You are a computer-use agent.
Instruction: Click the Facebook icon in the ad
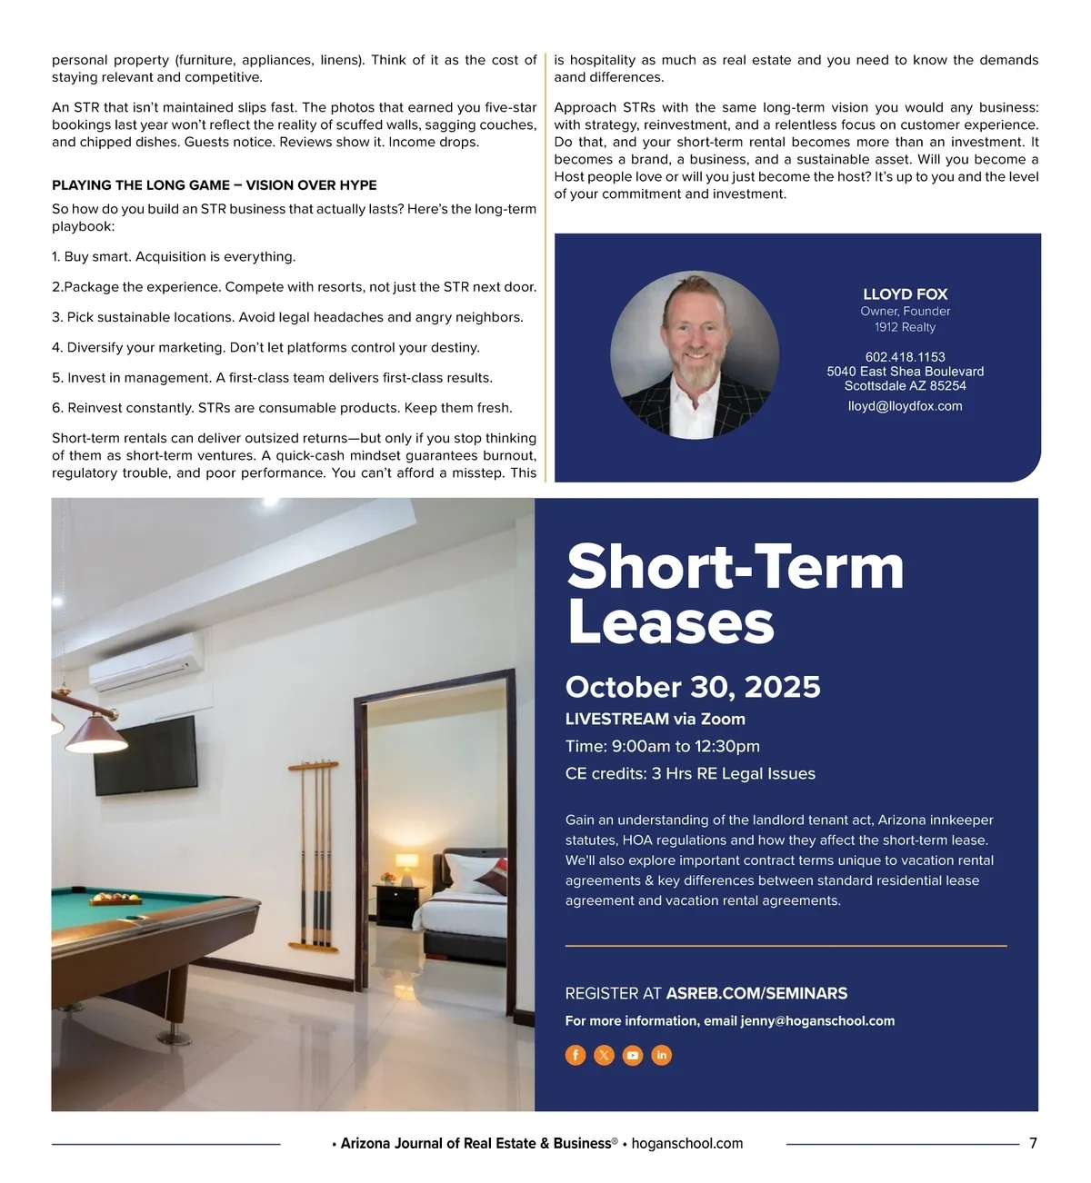[576, 1055]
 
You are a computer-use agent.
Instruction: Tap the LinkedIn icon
[662, 1055]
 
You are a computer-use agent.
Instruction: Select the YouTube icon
[633, 1055]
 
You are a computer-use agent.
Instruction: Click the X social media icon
[604, 1055]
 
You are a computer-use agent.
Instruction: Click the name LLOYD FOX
[905, 294]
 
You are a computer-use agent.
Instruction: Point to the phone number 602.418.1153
[905, 357]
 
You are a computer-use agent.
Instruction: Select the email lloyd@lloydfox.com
[905, 406]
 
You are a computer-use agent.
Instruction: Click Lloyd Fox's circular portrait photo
[695, 355]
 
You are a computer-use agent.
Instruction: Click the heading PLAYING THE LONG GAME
[215, 185]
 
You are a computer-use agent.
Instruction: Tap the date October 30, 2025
[693, 687]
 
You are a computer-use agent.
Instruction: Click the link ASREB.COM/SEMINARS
[756, 993]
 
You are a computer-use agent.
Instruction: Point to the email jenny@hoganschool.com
[817, 1021]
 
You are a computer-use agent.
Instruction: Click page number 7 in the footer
[1033, 1143]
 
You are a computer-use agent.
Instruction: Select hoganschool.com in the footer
[687, 1144]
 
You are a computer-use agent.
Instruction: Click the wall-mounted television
[145, 754]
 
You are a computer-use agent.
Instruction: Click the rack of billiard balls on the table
[116, 900]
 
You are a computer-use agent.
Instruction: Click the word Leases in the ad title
[671, 623]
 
